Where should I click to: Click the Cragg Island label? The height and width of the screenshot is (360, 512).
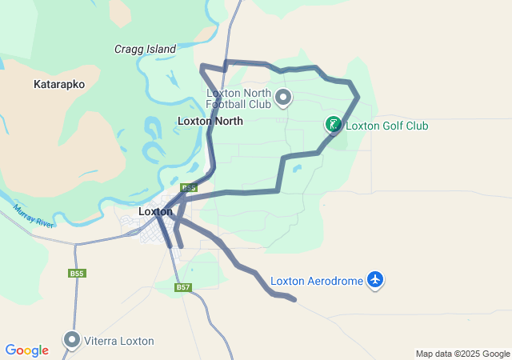[145, 49]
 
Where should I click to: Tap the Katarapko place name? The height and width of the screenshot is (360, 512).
[59, 83]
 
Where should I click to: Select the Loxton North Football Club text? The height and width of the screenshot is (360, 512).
[238, 98]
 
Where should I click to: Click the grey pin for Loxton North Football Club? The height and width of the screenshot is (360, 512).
[283, 98]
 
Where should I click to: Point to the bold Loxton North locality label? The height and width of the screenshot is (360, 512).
[210, 121]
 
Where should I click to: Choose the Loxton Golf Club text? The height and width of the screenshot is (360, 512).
[386, 126]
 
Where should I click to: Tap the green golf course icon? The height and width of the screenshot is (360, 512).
[333, 124]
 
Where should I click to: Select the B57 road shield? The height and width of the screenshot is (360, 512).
[183, 287]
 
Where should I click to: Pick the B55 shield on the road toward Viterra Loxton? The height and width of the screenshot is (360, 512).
[76, 274]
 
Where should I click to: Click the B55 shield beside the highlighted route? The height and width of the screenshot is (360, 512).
[188, 188]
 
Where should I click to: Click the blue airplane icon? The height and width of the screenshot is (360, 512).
[375, 280]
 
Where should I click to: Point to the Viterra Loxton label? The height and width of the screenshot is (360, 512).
[120, 341]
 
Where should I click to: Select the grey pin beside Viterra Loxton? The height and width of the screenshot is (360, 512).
[72, 340]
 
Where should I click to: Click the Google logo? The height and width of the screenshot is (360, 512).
[26, 350]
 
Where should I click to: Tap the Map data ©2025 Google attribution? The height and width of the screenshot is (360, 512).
[462, 354]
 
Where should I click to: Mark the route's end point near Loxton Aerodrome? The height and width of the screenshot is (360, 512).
[295, 300]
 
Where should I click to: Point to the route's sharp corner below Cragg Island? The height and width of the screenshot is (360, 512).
[202, 66]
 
